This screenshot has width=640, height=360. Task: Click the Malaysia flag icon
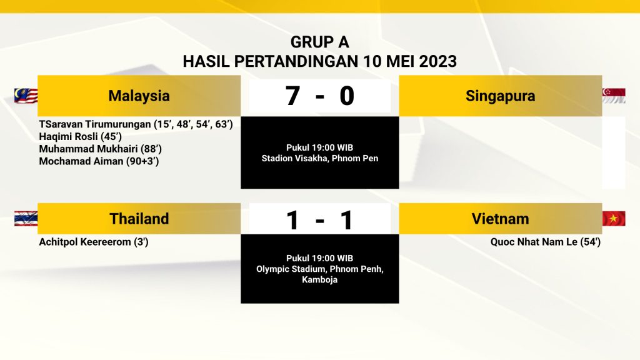[26, 96]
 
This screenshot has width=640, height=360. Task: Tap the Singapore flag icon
[614, 96]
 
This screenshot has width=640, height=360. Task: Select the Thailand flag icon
[26, 219]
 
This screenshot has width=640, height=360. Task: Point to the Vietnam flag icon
[614, 219]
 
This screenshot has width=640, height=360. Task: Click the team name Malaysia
[139, 96]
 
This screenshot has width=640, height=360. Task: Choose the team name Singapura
[501, 96]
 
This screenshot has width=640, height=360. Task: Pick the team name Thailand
[139, 219]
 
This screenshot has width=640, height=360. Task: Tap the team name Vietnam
[501, 219]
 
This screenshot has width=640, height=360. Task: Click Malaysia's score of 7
[292, 96]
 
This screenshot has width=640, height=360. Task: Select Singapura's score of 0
[347, 96]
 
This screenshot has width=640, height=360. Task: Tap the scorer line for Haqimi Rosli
[81, 136]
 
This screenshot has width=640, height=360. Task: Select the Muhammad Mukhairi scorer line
[101, 149]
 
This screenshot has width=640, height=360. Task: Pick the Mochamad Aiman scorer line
[99, 161]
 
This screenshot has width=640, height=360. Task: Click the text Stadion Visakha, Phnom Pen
[320, 158]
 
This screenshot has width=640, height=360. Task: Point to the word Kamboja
[319, 279]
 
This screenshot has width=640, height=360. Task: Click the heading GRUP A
[319, 42]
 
